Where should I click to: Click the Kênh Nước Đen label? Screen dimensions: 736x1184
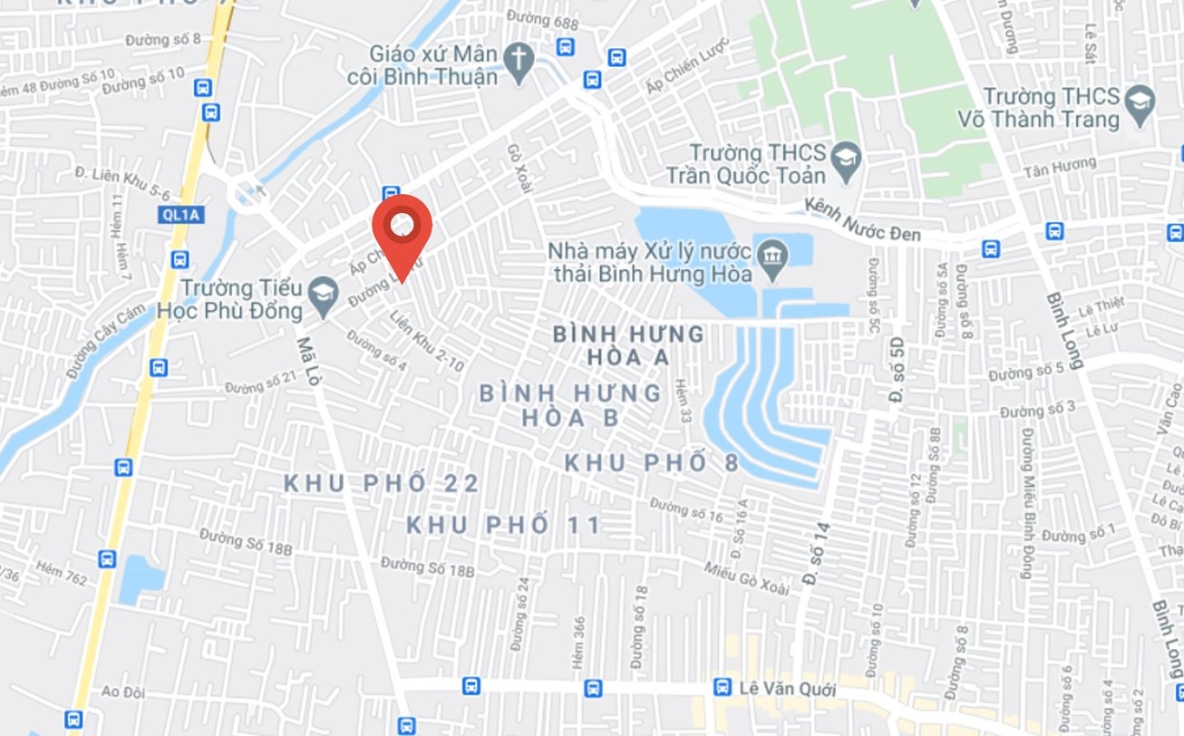pos(862,221)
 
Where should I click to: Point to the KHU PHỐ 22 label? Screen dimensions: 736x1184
pos(382,484)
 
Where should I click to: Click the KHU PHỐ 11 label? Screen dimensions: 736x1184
pos(503,525)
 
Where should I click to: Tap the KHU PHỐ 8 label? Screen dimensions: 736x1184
pos(651,463)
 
